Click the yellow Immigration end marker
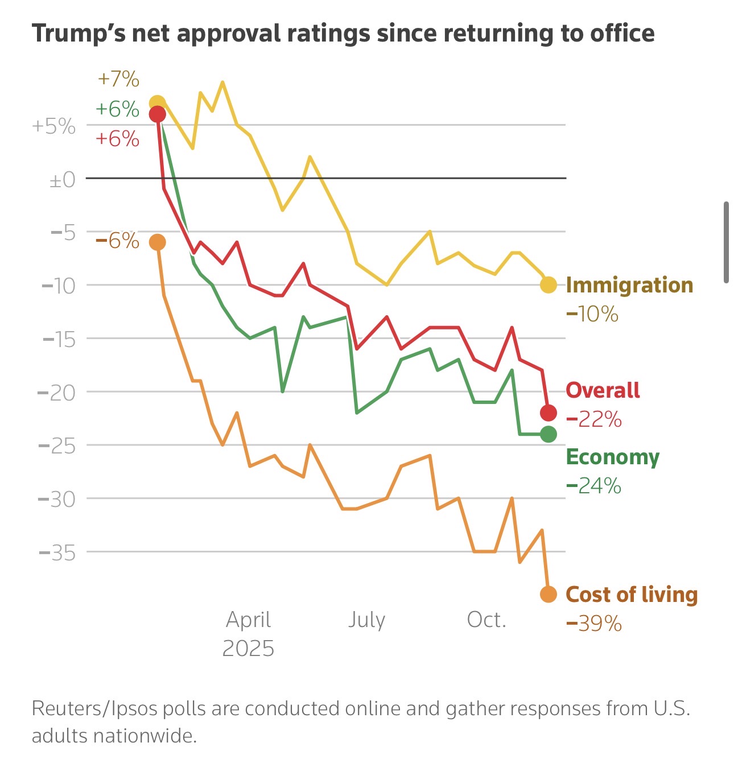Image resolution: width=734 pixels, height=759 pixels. pos(548,285)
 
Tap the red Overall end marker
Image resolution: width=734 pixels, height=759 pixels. pos(548,412)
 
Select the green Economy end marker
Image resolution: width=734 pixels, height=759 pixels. pos(548,435)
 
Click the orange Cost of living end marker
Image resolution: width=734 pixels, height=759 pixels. pos(548,595)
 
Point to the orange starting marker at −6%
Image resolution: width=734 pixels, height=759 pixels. pos(157,242)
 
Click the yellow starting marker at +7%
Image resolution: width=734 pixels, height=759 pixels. pos(157,104)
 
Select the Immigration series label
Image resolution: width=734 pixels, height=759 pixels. pos(629,285)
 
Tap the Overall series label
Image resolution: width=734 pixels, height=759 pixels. pos(603,390)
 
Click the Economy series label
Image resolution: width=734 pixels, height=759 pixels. pos(613,457)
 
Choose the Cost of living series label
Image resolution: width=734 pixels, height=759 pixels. pos(632,595)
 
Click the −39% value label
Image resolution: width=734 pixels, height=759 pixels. pos(594,624)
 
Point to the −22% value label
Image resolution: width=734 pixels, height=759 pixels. pos(594,420)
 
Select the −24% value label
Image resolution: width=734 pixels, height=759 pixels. pos(594,486)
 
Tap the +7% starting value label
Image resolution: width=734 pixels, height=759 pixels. pos(118,79)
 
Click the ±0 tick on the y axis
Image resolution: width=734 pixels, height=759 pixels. pos(63,180)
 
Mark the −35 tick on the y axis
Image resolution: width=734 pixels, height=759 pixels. pos(57,552)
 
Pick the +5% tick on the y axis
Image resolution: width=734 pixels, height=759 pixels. pos(54,126)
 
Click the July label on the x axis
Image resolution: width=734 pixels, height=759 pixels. pos(366,620)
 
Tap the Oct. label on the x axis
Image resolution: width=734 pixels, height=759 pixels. pos(486,620)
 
